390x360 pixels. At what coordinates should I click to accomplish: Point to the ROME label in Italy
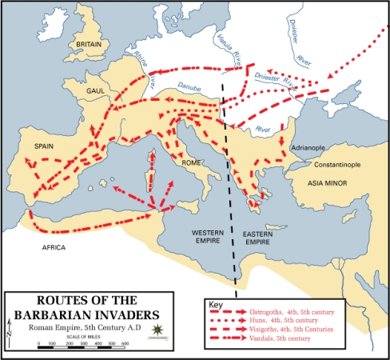[x=192, y=162]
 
